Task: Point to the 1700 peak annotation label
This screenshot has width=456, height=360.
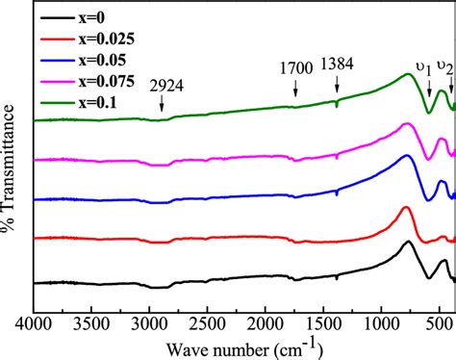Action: click(295, 67)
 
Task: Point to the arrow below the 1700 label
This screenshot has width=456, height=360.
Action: click(295, 88)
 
